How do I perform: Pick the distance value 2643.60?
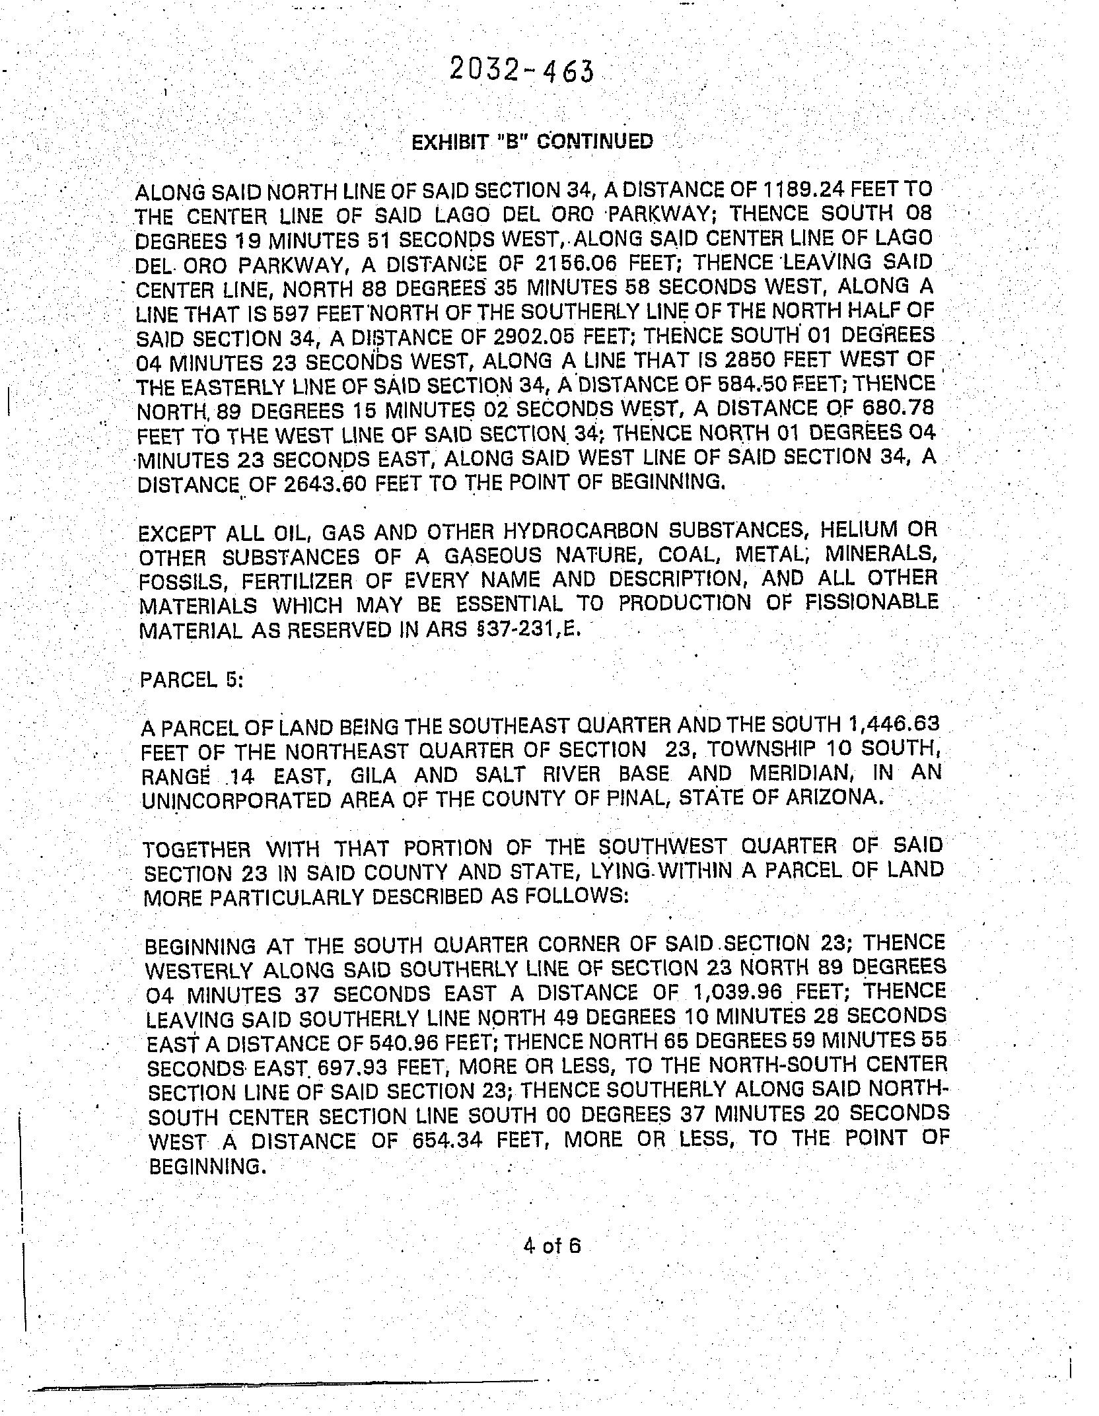325,484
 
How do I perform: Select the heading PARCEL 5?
192,680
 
